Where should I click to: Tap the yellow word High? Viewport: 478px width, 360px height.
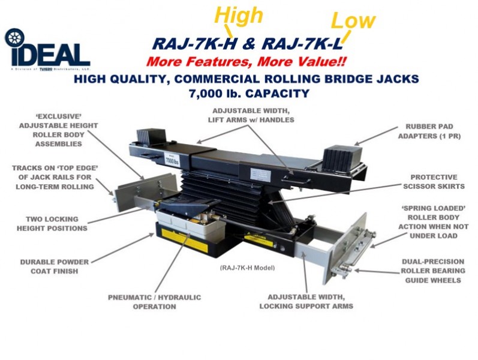[x=238, y=16]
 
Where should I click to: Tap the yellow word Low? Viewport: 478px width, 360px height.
[x=353, y=21]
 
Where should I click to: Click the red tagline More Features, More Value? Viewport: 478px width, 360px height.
[x=246, y=61]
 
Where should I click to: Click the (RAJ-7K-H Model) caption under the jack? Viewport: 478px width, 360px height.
[x=247, y=267]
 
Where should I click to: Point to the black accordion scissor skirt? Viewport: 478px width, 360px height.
[x=228, y=189]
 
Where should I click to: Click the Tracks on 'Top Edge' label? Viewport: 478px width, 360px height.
[x=53, y=177]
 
